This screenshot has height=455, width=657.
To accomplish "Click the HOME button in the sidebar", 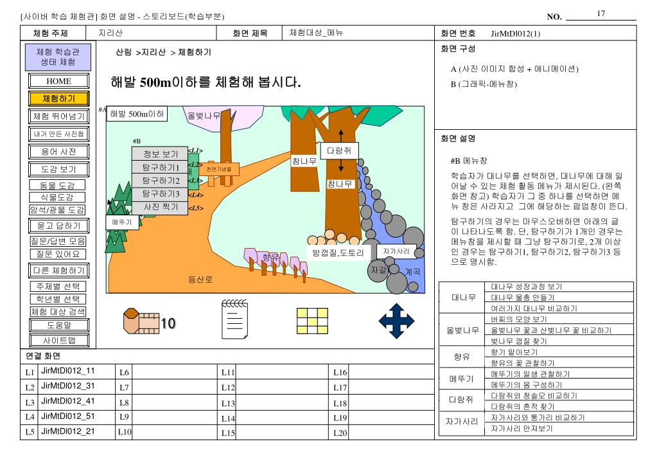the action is click(x=58, y=82).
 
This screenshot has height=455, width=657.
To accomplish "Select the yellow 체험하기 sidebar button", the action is click(x=58, y=98).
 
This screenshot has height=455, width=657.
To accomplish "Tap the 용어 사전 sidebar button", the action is click(x=58, y=152).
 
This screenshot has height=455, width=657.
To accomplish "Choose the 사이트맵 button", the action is click(x=58, y=340).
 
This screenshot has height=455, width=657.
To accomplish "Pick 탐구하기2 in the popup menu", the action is click(x=160, y=180).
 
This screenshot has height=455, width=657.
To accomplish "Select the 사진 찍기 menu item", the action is click(x=160, y=207).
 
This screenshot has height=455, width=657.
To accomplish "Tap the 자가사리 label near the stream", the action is click(x=396, y=251).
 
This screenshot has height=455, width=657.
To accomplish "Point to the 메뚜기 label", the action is click(x=121, y=222).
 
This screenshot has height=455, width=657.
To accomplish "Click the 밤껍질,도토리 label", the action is click(x=338, y=253).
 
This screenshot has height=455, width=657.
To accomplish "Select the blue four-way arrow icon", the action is click(x=396, y=319).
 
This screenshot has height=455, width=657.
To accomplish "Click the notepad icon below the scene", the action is click(x=234, y=319).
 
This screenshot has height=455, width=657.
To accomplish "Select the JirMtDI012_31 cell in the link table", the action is click(x=67, y=386).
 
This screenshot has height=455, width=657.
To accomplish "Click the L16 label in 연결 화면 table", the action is click(x=340, y=372).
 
